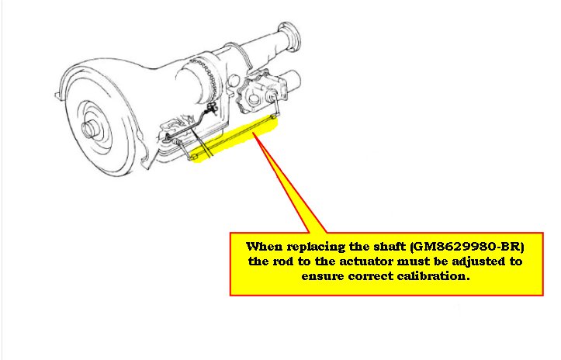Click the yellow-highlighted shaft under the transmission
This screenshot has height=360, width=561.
(x=233, y=140)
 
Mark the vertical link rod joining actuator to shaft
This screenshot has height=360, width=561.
(x=273, y=105)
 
